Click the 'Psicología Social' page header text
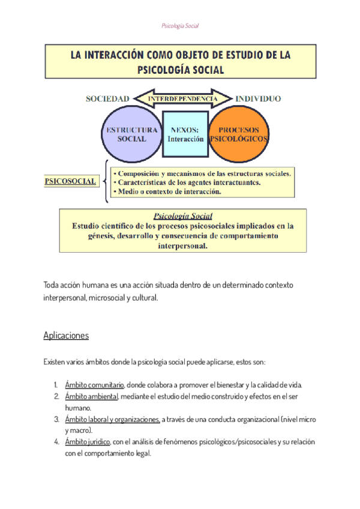[180, 26]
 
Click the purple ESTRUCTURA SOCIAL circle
[131, 134]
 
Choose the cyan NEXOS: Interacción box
[185, 134]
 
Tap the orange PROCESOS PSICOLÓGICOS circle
[238, 134]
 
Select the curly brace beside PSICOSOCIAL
[107, 180]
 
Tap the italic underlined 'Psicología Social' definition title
[183, 215]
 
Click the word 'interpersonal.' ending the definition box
[183, 246]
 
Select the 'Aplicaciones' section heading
[66, 336]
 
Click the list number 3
[56, 419]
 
